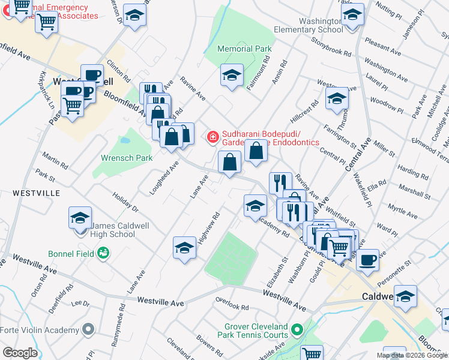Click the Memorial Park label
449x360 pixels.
click(x=244, y=49)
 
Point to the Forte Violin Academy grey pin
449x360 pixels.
click(x=89, y=329)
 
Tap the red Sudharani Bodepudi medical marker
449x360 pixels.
click(x=212, y=138)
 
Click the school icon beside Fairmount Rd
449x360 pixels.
click(x=231, y=75)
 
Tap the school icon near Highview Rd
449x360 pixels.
click(x=184, y=247)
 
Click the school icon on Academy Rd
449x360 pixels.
click(x=255, y=205)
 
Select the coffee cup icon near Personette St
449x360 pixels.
click(x=367, y=260)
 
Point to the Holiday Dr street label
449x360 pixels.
click(x=125, y=202)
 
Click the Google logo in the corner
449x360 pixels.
click(x=20, y=352)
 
